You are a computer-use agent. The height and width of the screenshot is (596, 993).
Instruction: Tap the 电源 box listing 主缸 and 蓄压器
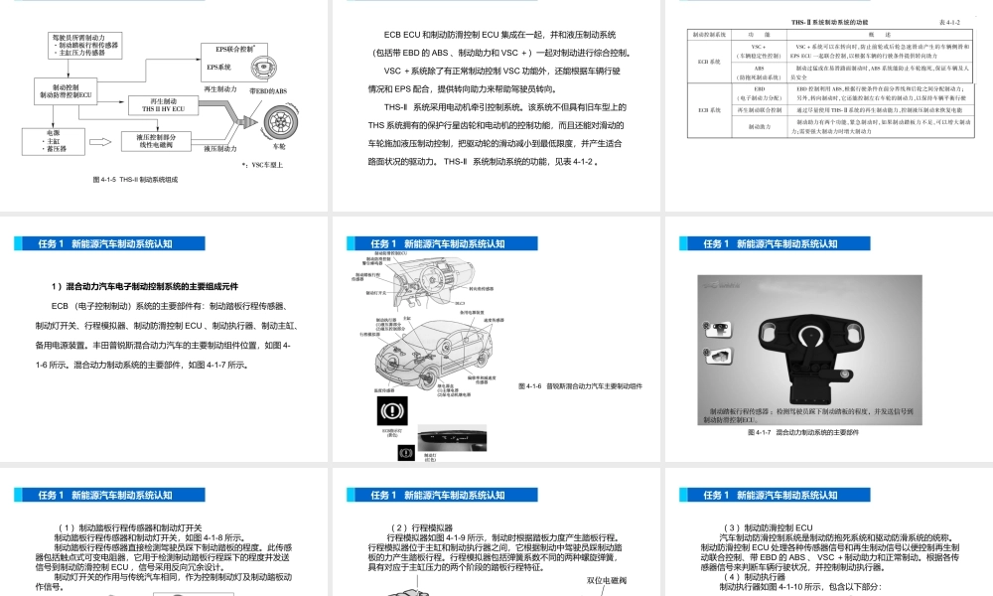pyautogui.click(x=54, y=140)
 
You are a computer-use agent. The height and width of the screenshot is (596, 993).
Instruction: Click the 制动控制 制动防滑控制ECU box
pyautogui.click(x=66, y=91)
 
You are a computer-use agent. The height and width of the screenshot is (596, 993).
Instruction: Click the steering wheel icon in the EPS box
pyautogui.click(x=262, y=67)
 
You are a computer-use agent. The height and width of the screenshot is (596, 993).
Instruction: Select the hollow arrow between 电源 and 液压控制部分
pyautogui.click(x=98, y=142)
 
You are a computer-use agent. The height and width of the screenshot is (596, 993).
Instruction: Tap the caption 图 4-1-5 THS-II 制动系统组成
pyautogui.click(x=135, y=180)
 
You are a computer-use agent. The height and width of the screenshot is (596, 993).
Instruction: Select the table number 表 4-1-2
pyautogui.click(x=948, y=21)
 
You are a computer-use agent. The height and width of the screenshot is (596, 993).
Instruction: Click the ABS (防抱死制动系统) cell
pyautogui.click(x=759, y=74)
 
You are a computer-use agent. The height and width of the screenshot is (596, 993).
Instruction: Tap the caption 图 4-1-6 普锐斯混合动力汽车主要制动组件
pyautogui.click(x=580, y=385)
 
